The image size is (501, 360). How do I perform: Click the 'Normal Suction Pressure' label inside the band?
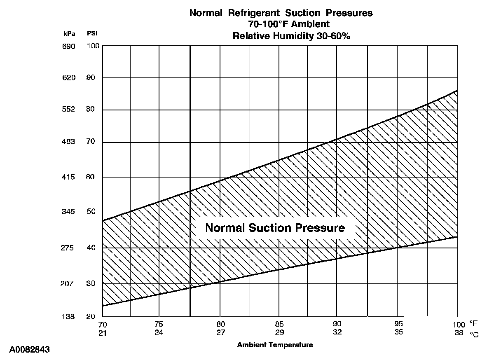coord(275,228)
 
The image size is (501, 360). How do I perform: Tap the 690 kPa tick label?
coord(68,47)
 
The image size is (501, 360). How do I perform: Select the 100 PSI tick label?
coord(93,46)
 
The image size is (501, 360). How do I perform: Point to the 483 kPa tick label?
coord(68,142)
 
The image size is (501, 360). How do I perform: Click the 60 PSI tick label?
coord(91,177)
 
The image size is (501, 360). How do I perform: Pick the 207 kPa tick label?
coord(68,284)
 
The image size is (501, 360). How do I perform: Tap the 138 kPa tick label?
coord(68,317)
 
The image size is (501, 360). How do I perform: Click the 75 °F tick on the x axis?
coord(159,324)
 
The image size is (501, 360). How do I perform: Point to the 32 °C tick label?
coord(337,332)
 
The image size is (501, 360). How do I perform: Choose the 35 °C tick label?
coord(398,332)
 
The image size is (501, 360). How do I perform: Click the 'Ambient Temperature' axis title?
coord(275,345)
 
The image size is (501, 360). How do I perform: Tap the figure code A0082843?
coord(29,350)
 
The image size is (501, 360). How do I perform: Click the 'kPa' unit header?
coord(69,34)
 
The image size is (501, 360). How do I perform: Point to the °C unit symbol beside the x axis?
coord(474,334)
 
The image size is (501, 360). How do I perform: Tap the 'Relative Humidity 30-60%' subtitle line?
coord(291,36)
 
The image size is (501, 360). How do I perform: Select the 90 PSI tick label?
coord(91,78)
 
